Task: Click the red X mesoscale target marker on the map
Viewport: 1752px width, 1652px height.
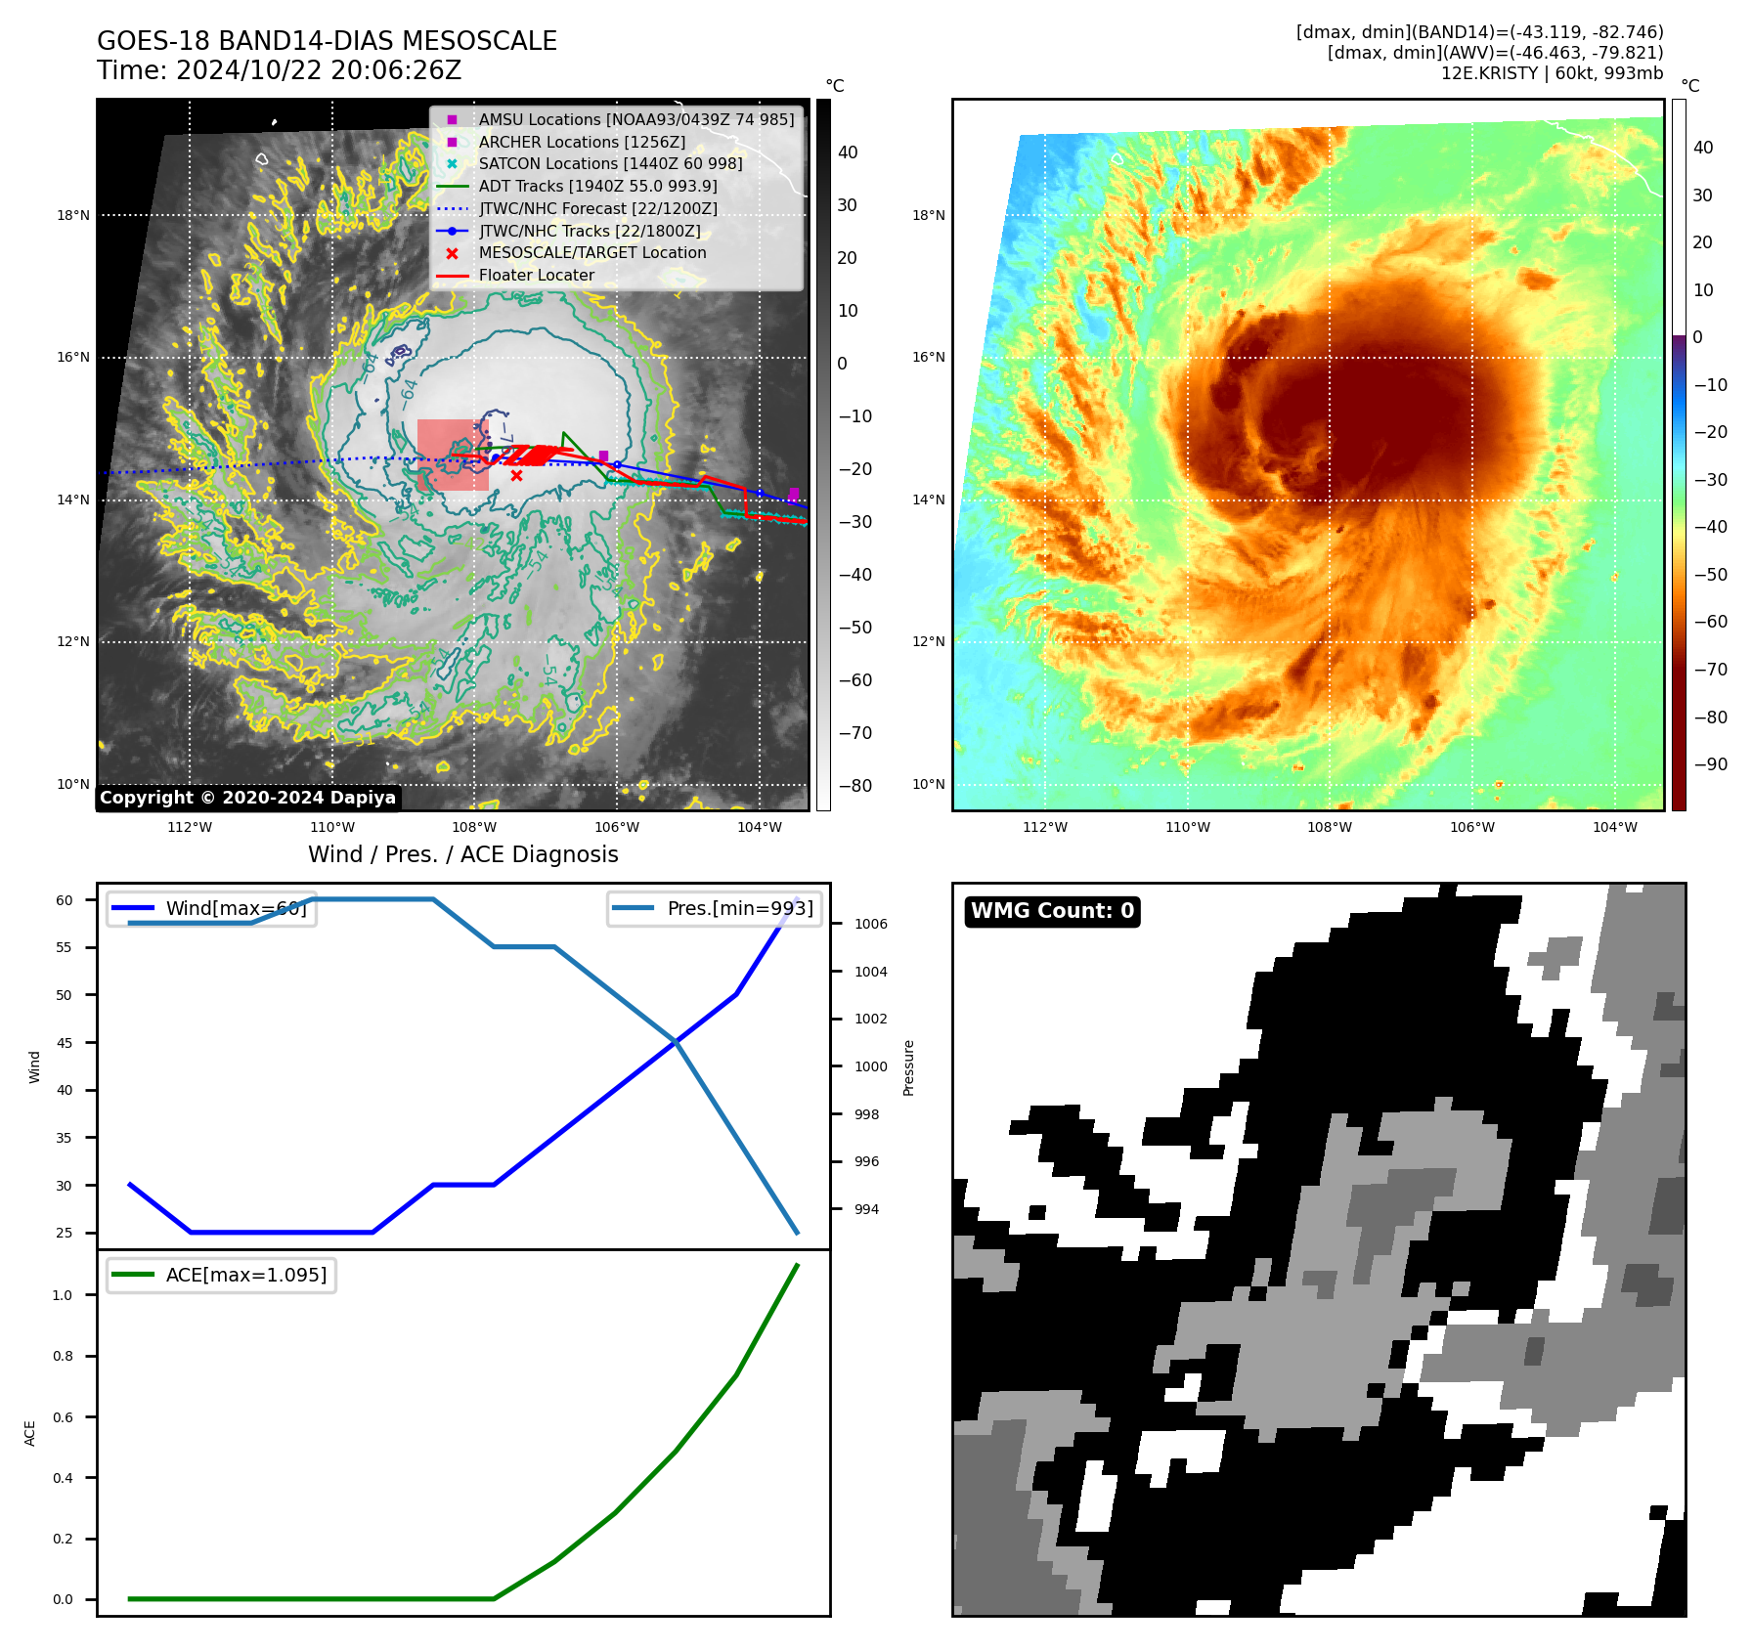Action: [516, 476]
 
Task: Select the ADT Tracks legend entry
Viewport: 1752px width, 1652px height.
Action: [597, 187]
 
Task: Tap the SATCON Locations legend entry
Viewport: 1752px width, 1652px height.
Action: [610, 164]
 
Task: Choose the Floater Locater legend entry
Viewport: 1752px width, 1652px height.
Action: [536, 276]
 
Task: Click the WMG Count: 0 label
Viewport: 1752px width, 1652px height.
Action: [1052, 911]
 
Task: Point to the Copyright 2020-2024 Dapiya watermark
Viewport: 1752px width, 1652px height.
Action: [247, 798]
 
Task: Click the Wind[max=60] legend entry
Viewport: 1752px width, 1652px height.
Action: [236, 909]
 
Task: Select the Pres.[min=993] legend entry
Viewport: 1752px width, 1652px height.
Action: [739, 909]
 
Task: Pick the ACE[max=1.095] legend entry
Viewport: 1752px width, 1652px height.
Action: [245, 1276]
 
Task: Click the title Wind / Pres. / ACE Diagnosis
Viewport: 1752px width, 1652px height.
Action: [462, 855]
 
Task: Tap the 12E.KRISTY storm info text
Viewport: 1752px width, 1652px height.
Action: [1551, 73]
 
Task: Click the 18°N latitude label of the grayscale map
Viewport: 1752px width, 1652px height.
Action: [73, 216]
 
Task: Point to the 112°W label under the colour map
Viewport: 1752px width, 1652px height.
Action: [1045, 828]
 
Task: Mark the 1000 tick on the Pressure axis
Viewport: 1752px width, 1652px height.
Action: [870, 1066]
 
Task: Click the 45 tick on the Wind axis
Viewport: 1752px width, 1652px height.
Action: [65, 1043]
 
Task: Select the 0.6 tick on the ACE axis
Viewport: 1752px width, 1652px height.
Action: [63, 1417]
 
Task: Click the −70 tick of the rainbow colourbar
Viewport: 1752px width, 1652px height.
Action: [1710, 670]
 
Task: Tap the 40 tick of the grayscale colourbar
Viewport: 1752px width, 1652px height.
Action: [848, 152]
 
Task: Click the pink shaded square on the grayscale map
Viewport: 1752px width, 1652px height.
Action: [452, 455]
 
